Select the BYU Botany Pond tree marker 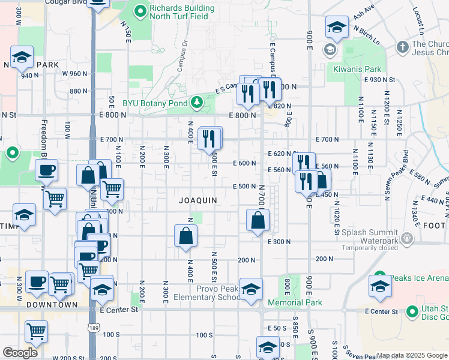point(196,103)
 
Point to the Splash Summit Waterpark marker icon point(408,239)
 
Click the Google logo point(20,352)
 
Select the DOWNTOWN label point(52,305)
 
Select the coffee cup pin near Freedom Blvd point(46,170)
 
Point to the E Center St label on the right point(382,311)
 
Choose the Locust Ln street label point(418,20)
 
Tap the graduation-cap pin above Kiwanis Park point(337,26)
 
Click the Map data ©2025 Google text point(411,355)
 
